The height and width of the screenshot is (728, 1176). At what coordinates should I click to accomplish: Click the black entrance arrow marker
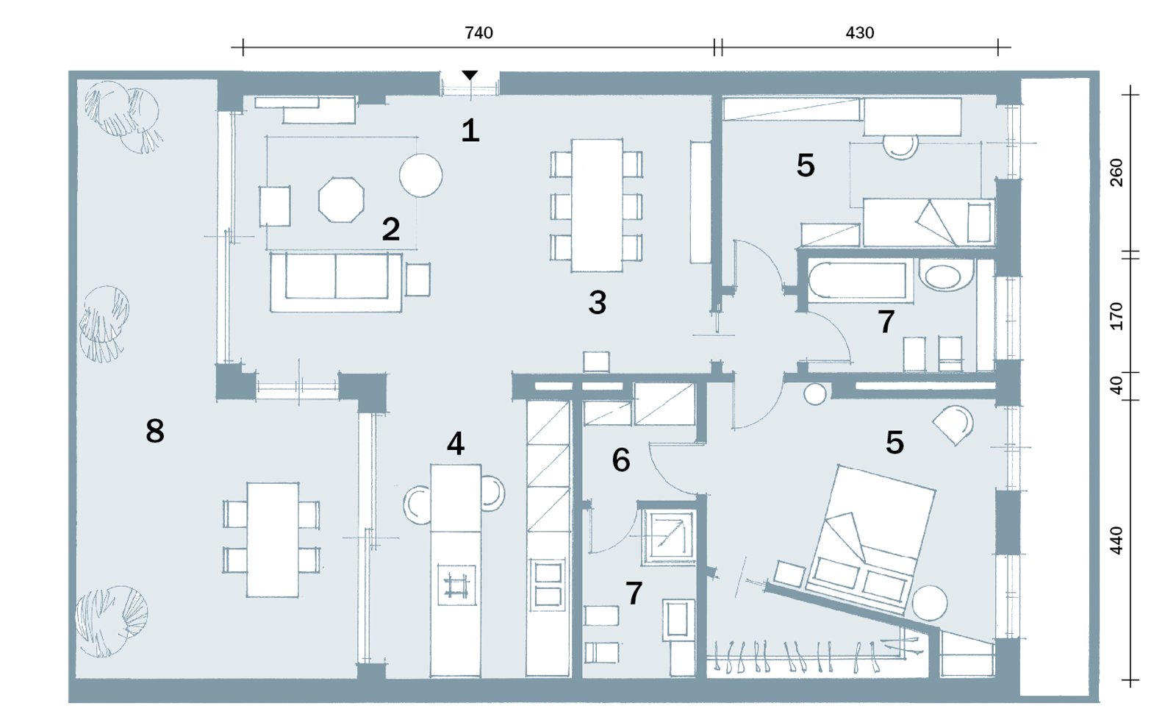(x=470, y=75)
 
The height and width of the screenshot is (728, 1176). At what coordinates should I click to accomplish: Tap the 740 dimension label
(x=478, y=33)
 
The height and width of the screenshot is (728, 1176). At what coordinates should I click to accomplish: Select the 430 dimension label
(x=859, y=33)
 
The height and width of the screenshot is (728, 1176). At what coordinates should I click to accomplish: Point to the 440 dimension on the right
(x=1116, y=540)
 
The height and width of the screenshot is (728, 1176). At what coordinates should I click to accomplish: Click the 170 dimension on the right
(x=1116, y=316)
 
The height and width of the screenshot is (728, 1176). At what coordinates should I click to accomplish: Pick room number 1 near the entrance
(x=470, y=131)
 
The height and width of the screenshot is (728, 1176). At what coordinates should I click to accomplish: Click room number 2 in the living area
(x=391, y=229)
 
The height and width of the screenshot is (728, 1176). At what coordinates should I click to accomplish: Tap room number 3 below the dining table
(x=598, y=302)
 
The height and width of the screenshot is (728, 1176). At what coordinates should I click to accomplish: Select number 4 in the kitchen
(x=456, y=443)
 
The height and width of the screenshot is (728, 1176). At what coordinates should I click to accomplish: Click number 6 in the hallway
(x=621, y=460)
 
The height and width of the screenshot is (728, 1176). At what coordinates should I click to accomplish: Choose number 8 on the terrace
(x=155, y=431)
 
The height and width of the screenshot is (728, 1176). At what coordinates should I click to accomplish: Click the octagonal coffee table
(x=341, y=199)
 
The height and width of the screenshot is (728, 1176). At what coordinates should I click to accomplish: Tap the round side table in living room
(x=420, y=175)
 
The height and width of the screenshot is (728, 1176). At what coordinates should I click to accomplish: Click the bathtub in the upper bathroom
(x=857, y=281)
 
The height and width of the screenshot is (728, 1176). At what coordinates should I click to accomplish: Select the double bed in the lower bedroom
(x=871, y=537)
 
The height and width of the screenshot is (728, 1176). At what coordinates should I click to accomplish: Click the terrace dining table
(x=273, y=539)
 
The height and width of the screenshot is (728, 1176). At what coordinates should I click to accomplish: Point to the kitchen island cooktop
(x=456, y=585)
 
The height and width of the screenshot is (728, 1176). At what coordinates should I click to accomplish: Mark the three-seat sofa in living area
(x=336, y=282)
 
